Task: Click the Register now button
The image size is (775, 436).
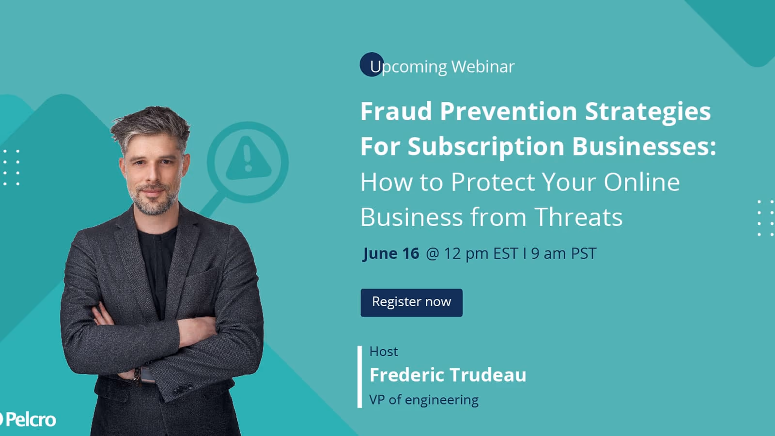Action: point(411,302)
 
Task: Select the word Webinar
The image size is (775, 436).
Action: point(482,66)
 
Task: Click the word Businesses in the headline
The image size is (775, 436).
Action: point(644,146)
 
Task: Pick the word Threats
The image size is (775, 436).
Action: point(578,217)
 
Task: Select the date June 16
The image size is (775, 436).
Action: point(391,253)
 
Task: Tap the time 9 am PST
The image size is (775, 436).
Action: point(564,253)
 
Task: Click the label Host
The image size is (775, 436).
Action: point(383,352)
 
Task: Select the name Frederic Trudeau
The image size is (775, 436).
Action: point(448,375)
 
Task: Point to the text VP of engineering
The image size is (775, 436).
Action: point(424,400)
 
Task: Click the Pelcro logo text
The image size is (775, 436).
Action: point(31,420)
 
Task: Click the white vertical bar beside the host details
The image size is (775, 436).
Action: point(360,376)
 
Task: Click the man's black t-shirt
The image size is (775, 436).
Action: point(157,263)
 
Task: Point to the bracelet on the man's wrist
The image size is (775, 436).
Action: point(138,376)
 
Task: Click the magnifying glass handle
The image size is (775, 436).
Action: point(213,205)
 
